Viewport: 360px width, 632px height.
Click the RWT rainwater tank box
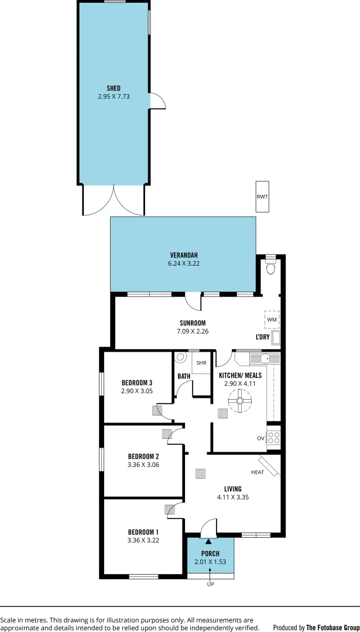(262, 196)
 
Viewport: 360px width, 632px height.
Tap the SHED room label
(114, 88)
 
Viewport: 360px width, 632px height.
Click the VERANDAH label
(184, 255)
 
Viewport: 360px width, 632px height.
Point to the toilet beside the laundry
(270, 268)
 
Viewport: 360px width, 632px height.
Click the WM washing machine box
(272, 320)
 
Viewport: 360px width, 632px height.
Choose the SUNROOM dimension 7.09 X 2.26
(193, 331)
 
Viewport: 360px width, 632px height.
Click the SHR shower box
(201, 363)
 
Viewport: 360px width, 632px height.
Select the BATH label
(183, 376)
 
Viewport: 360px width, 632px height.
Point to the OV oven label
(260, 438)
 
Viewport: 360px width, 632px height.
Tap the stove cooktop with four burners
(274, 436)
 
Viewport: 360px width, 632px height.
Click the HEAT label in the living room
(258, 473)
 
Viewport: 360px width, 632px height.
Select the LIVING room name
(232, 489)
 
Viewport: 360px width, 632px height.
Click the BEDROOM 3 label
(137, 383)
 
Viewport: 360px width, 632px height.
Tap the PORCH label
(210, 554)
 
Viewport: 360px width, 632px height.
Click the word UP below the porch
(210, 584)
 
